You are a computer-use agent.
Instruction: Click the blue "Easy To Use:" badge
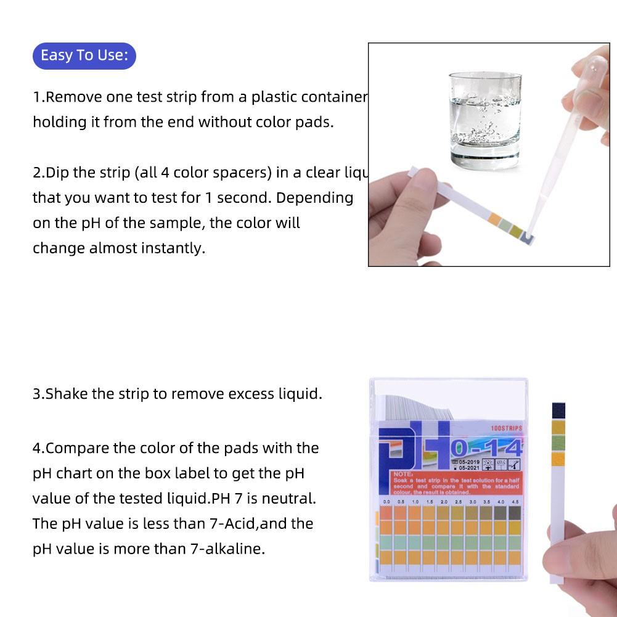coord(84,55)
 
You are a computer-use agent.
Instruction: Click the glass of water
coord(484,117)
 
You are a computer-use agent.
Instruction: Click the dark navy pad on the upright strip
coord(558,410)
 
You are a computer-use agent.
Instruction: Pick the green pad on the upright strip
coord(558,443)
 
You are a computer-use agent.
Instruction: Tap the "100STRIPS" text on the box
coord(506,428)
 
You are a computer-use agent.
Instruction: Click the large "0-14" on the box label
coord(487,447)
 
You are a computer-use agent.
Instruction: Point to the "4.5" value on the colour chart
coord(515,502)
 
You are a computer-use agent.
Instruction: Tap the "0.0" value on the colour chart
coord(386,502)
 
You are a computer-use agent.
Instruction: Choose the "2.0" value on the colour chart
coord(444,502)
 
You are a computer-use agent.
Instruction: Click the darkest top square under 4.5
coord(515,513)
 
